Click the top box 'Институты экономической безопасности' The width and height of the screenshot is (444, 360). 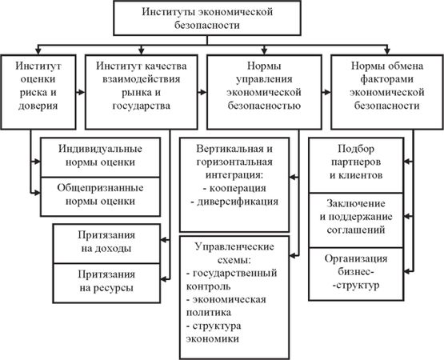click(x=207, y=18)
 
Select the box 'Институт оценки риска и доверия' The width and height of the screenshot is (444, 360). click(x=38, y=92)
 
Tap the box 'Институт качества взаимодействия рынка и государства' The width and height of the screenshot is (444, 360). click(x=142, y=92)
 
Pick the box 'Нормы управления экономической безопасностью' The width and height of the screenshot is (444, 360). click(x=264, y=92)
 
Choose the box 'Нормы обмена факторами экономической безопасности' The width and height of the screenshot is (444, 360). click(x=387, y=92)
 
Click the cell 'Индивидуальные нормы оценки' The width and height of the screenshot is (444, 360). click(x=100, y=157)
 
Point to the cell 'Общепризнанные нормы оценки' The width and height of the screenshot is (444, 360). click(x=100, y=197)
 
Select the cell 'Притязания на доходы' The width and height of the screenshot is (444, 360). click(x=106, y=243)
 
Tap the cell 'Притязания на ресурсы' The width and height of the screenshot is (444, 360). click(x=106, y=283)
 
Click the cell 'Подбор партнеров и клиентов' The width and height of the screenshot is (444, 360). click(x=356, y=165)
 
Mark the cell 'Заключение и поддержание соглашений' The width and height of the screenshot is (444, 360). click(x=356, y=220)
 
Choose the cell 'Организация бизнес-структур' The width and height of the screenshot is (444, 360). click(x=356, y=274)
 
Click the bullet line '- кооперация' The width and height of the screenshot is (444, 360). click(x=234, y=188)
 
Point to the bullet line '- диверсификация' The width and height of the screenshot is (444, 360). click(x=234, y=202)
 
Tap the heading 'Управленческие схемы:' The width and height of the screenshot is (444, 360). click(x=234, y=254)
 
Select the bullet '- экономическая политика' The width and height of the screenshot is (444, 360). click(x=226, y=306)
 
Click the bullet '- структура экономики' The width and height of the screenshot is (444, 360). click(x=214, y=332)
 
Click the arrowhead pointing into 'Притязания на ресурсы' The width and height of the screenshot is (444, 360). click(x=164, y=279)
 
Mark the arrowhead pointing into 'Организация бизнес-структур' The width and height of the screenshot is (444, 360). click(x=407, y=271)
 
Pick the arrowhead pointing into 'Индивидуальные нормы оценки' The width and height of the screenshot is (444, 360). click(x=37, y=162)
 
